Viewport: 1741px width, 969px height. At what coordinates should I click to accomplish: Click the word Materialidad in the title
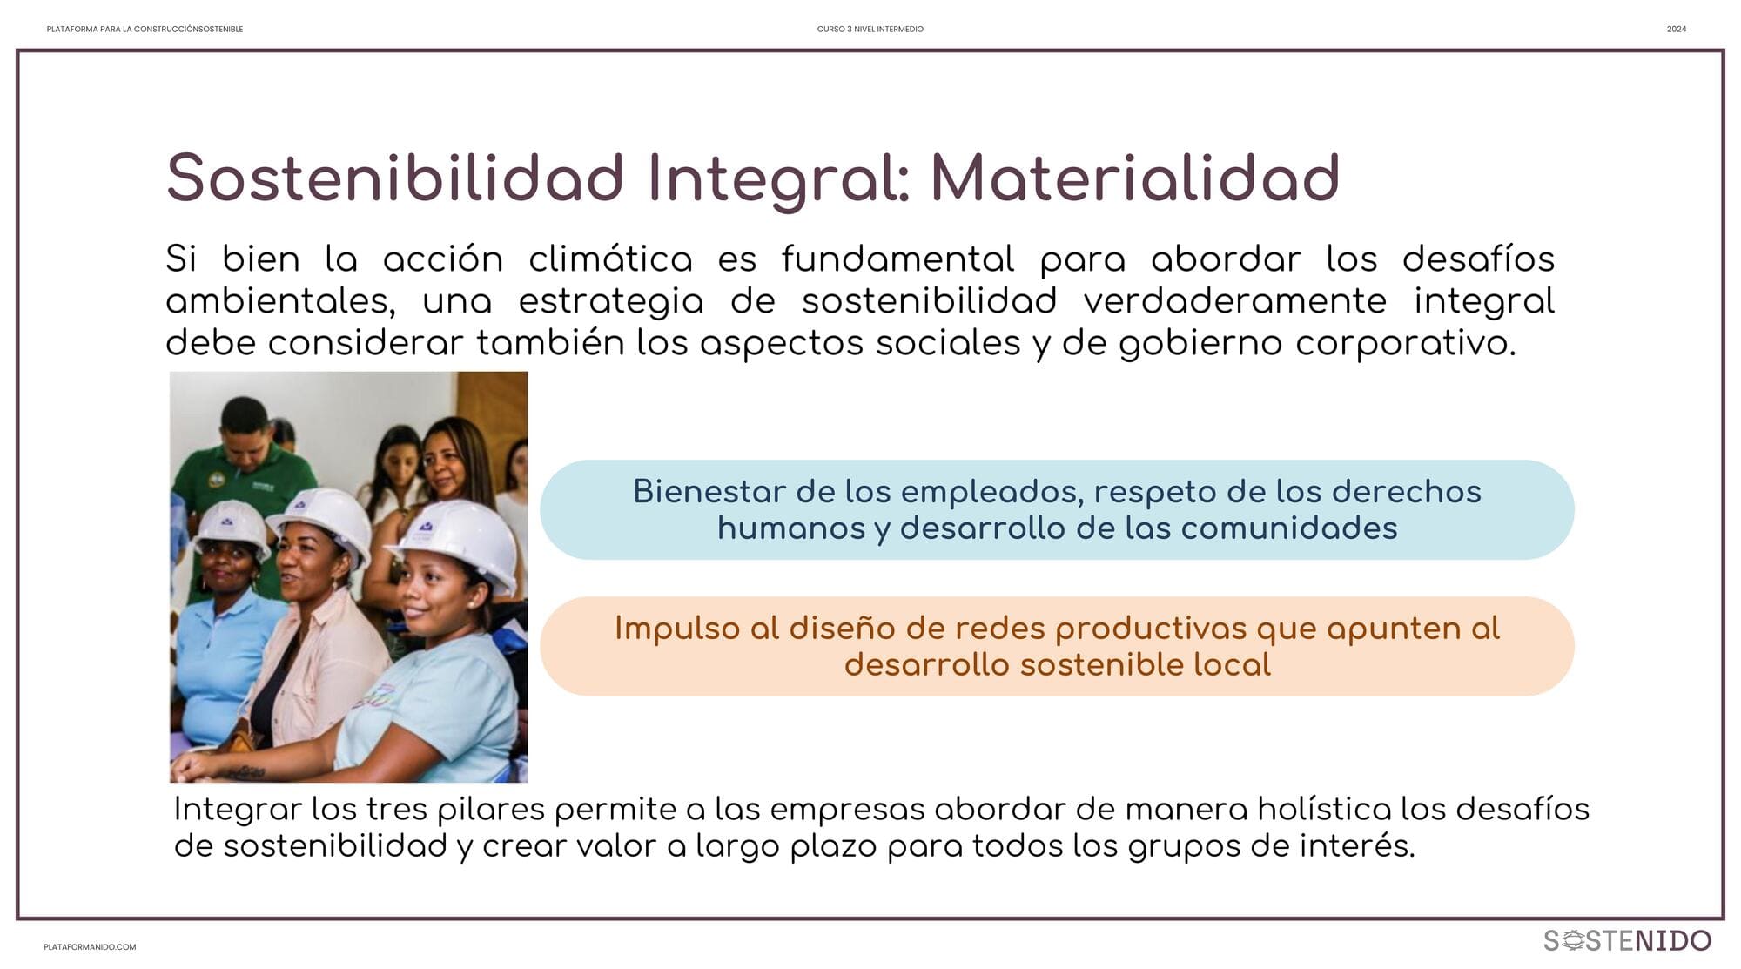(x=1135, y=178)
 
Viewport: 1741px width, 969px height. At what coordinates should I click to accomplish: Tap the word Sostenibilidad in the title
(x=395, y=178)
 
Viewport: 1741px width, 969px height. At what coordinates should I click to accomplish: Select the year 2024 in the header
(x=1677, y=30)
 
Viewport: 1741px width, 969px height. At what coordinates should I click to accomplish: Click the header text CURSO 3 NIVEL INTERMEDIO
(x=870, y=30)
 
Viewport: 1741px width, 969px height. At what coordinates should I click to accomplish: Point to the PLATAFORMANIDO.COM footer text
(x=90, y=947)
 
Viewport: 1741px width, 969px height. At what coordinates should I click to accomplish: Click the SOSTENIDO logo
(x=1628, y=940)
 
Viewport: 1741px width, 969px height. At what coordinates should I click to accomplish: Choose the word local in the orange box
(x=1232, y=665)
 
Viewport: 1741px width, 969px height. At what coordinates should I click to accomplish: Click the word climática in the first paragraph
(x=610, y=259)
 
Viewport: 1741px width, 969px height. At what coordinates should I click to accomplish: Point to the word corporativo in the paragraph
(x=1405, y=343)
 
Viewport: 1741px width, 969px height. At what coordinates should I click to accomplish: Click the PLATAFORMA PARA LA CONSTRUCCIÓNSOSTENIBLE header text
(x=145, y=30)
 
